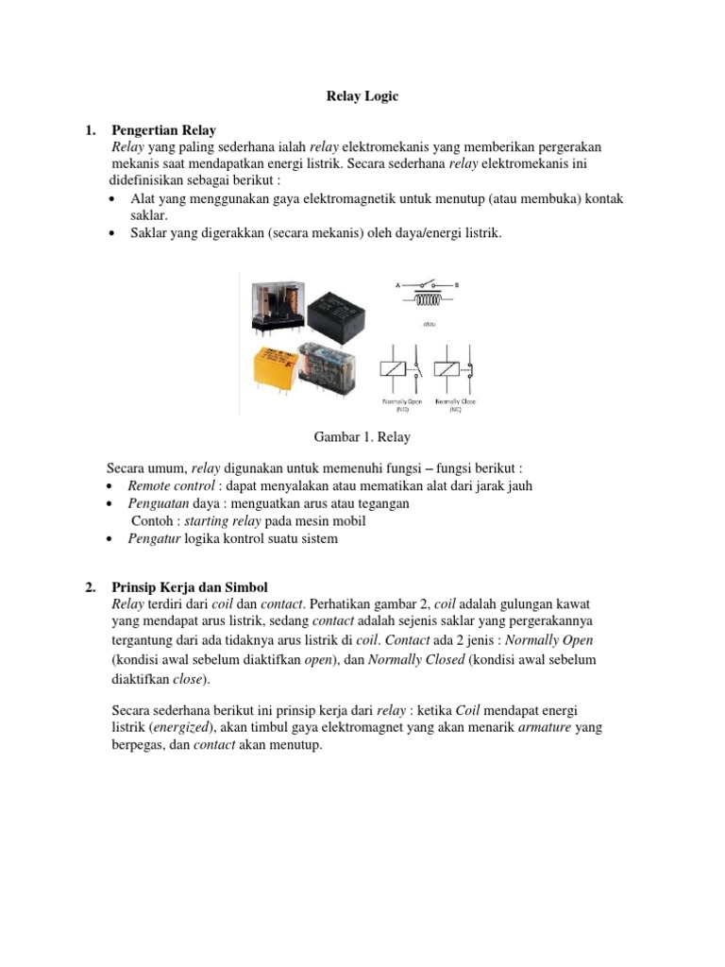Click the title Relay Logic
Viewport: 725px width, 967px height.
[362, 96]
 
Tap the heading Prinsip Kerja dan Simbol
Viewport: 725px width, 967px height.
[182, 587]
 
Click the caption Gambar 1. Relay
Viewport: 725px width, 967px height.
[362, 437]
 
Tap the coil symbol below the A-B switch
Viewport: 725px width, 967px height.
[430, 300]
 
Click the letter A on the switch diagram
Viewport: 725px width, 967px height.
[396, 282]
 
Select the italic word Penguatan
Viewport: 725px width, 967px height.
[158, 503]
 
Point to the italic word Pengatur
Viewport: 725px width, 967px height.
[154, 538]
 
